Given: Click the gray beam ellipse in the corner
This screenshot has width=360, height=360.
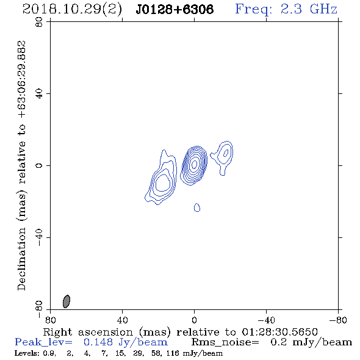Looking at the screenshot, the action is click(67, 301).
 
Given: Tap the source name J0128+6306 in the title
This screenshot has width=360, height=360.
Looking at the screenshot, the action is click(175, 10).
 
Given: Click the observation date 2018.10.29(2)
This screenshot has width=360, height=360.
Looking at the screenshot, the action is click(72, 10).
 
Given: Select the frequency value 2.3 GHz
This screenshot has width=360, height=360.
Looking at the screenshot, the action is click(309, 9).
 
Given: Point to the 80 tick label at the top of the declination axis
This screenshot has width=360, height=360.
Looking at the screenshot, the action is click(39, 22).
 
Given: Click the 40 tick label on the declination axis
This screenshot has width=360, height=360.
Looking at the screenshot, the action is click(39, 94).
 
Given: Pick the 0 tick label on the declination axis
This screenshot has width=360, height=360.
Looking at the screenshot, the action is click(39, 165).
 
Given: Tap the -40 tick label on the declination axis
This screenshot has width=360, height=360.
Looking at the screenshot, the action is click(39, 237).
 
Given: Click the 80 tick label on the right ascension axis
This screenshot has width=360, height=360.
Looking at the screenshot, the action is click(50, 320).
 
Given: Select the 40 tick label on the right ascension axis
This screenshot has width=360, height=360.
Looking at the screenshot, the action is click(122, 320).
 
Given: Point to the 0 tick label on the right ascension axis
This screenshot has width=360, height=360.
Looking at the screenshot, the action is click(194, 320).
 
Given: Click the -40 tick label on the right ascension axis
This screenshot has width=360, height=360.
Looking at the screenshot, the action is click(266, 320).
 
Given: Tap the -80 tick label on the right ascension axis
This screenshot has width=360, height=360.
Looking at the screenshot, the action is click(338, 320).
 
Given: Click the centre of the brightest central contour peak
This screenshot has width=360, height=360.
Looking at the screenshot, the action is click(195, 164).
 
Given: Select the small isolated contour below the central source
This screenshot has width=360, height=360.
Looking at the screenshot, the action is click(197, 207).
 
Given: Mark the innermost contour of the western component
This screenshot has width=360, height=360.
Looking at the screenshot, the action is click(226, 153).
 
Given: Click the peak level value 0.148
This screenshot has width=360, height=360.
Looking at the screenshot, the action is click(98, 342).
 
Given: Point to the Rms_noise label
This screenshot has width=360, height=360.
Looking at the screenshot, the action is click(225, 342).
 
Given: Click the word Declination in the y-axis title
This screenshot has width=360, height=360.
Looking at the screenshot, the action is click(21, 259).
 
